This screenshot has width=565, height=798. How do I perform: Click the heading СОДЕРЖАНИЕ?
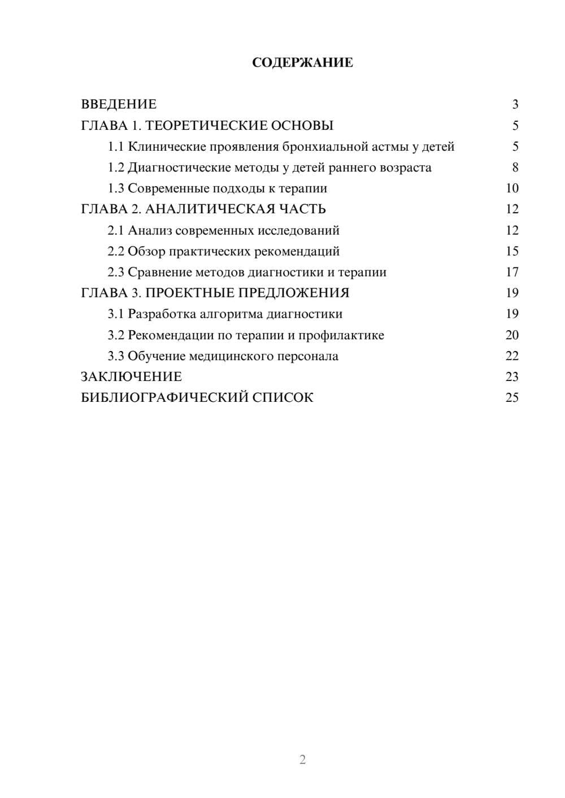click(302, 63)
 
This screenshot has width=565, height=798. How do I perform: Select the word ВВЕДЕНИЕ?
click(119, 104)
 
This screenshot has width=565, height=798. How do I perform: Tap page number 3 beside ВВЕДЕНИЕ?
click(515, 104)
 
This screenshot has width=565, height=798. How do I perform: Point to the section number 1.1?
click(116, 147)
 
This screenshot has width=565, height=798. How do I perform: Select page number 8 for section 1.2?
click(515, 168)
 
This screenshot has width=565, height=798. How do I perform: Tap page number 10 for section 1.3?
click(512, 188)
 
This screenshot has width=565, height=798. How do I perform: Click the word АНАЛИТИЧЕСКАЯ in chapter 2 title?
click(208, 209)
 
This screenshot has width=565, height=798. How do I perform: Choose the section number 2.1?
click(116, 230)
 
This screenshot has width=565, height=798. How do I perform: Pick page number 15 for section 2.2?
click(512, 251)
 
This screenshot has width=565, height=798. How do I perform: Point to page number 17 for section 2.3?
click(512, 272)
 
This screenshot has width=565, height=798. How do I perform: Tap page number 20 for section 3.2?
click(512, 335)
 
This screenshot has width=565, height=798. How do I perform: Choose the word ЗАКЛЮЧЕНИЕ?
click(131, 377)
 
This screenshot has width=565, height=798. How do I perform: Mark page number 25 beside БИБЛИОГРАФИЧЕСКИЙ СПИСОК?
click(512, 398)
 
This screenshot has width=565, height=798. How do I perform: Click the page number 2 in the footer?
click(302, 760)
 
